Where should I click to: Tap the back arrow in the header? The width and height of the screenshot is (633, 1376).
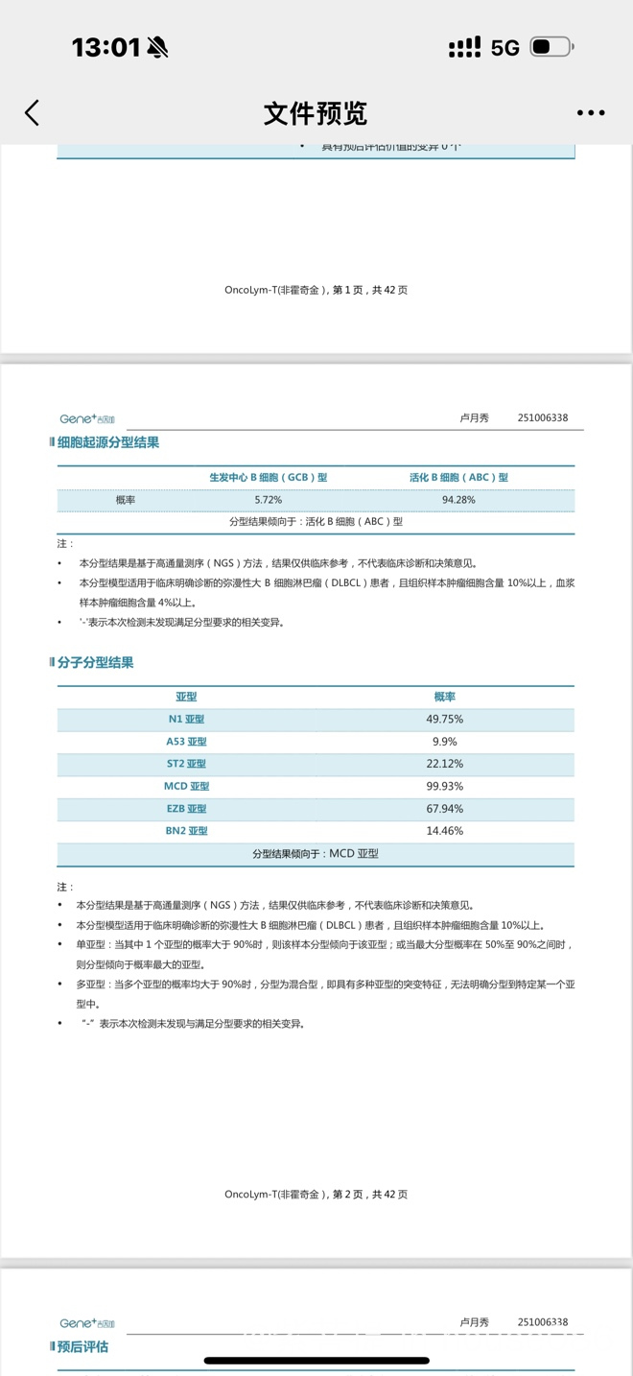tap(33, 113)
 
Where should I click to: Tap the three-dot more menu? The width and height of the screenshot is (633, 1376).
tap(591, 113)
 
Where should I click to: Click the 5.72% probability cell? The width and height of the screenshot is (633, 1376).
tap(269, 500)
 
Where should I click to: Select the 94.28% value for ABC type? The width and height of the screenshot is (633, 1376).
tap(458, 500)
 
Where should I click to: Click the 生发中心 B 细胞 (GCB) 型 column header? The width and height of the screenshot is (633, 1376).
tap(269, 477)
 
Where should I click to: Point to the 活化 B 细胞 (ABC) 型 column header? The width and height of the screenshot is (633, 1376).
tap(458, 477)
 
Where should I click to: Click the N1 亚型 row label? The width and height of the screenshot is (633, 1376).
tap(186, 719)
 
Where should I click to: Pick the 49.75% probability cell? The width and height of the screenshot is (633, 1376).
tap(444, 719)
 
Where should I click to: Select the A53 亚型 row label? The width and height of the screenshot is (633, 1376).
tap(186, 742)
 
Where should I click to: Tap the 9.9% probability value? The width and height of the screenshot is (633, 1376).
tap(444, 742)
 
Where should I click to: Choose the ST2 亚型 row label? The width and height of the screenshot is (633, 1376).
tap(186, 764)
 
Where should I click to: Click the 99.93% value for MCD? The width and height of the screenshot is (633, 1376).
tap(444, 786)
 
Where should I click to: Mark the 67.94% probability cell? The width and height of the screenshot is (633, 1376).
tap(444, 809)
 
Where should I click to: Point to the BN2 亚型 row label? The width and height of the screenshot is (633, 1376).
tap(186, 831)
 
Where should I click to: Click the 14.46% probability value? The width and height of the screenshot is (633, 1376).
tap(444, 831)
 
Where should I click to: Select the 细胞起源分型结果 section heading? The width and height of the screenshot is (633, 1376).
tap(107, 442)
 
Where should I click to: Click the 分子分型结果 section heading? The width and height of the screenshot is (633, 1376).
tap(95, 662)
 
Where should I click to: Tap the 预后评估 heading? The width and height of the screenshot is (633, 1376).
tap(82, 1346)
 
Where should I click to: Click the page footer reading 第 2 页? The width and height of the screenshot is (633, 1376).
tap(316, 1195)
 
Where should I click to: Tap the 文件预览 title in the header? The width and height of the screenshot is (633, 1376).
tap(316, 113)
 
